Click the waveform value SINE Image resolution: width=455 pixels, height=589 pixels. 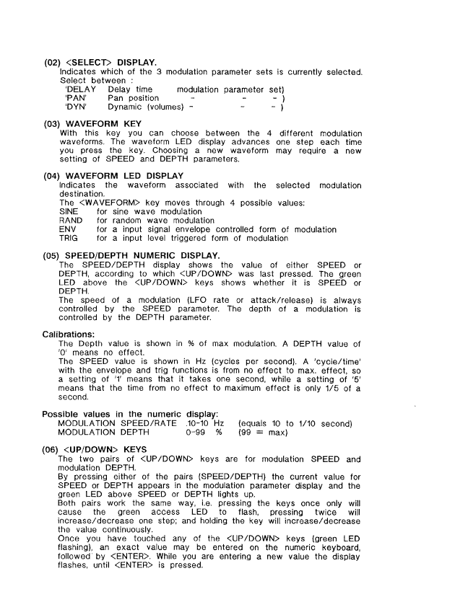click(69, 212)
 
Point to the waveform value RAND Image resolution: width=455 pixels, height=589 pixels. click(69, 221)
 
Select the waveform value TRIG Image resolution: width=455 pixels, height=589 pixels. click(68, 239)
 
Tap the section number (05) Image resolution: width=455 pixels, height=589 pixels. click(53, 256)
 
